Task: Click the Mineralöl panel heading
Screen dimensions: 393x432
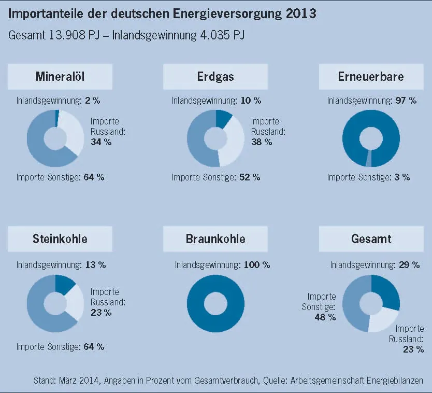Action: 60,77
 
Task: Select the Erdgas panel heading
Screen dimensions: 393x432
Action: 215,77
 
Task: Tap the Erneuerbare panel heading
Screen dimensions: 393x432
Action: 371,77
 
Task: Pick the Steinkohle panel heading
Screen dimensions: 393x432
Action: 60,239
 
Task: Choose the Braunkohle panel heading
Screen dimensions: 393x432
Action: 215,239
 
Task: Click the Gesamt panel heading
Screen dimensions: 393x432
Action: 371,239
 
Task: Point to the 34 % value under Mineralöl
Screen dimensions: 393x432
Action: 101,142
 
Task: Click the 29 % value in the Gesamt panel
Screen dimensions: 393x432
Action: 409,265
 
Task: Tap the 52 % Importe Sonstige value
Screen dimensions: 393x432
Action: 250,177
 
